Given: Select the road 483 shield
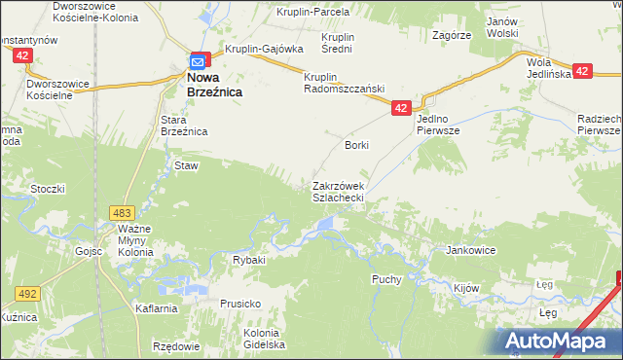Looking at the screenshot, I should point(123,212).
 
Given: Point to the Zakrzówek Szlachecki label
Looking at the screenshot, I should point(338,191).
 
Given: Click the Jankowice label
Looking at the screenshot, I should point(471,250).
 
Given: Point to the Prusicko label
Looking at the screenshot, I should point(239,304).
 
